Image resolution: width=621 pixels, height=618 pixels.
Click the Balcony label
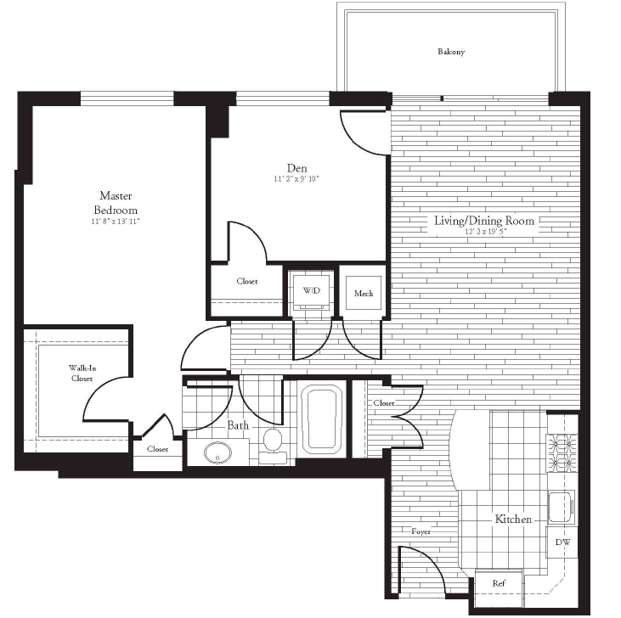[451, 52]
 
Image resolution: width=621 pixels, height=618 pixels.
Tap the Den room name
[297, 168]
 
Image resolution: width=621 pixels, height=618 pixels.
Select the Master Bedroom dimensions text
[116, 222]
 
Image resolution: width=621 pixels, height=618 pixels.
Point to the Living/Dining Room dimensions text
[486, 232]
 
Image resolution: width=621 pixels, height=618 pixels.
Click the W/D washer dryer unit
[312, 291]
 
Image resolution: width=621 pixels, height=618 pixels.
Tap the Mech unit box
[364, 293]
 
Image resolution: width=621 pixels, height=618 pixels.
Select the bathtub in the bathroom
[322, 420]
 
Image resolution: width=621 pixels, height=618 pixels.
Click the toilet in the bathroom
[273, 446]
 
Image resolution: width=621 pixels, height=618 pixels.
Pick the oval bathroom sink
[217, 452]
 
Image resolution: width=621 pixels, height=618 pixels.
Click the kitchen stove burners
[562, 453]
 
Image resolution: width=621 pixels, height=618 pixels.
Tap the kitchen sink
[562, 508]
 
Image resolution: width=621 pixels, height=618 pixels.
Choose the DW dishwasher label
[562, 542]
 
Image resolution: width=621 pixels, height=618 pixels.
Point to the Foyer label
[421, 531]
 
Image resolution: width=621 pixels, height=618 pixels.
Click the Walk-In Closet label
[82, 374]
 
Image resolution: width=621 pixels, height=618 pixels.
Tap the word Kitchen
[513, 519]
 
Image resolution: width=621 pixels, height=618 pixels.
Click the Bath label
[238, 425]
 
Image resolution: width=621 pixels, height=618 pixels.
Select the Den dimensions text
[296, 179]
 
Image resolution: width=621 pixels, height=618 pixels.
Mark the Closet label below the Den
[247, 281]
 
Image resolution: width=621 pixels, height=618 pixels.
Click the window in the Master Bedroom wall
[127, 98]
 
